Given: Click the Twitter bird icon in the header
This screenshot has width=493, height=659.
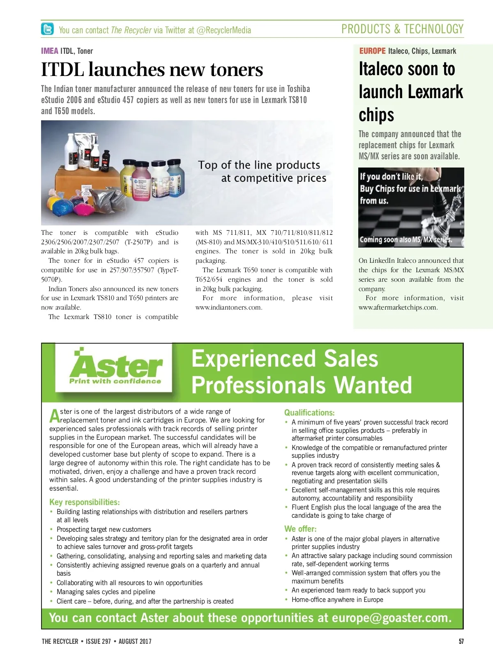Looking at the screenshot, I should point(47,29).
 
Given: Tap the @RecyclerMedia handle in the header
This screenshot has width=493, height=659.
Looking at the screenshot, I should point(224,30).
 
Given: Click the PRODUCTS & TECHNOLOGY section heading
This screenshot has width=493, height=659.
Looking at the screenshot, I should point(402,29).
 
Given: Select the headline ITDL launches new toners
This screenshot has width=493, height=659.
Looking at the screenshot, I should point(152,70).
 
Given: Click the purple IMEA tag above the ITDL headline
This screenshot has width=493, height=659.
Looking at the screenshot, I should point(50,51).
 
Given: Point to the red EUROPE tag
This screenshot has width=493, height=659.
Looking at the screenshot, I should point(372,51).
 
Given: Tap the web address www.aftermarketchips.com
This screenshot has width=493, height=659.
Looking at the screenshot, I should point(398,308).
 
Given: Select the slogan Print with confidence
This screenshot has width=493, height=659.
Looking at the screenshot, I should point(115,381).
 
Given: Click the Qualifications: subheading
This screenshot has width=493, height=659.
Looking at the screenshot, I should point(309,413).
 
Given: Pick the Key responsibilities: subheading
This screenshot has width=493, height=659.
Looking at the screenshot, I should point(85,502).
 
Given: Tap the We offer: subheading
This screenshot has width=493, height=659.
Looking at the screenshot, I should point(300,529).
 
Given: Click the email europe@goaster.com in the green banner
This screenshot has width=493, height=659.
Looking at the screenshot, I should point(392,618).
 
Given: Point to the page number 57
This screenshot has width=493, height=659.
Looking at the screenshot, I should point(461,641).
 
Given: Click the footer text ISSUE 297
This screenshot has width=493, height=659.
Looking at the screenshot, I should point(98,641).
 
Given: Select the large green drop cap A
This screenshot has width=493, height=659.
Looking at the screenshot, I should point(55,416).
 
